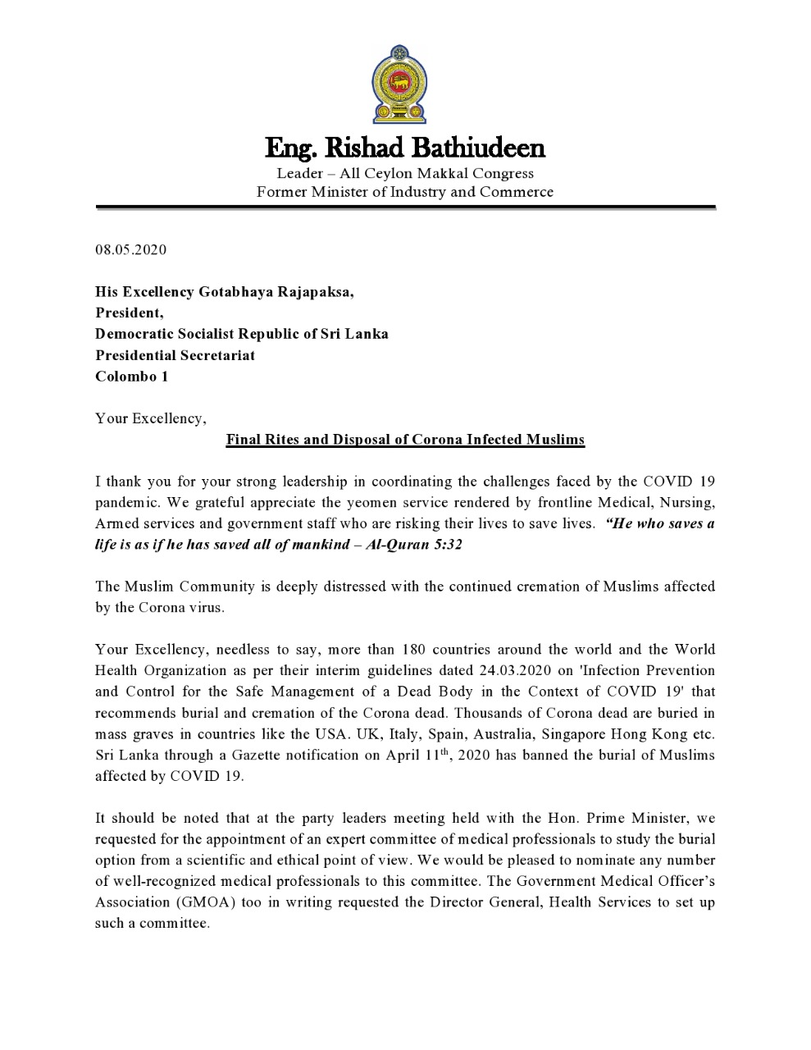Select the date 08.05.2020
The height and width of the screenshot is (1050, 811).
coord(131,249)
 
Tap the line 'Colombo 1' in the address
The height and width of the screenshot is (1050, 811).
coord(132,377)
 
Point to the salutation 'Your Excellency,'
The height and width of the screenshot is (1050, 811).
coord(151,418)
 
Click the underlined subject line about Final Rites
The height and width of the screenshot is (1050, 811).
coord(405,440)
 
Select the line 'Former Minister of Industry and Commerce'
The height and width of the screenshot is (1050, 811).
coord(405,193)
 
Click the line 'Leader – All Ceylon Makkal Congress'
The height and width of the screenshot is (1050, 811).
coord(405,173)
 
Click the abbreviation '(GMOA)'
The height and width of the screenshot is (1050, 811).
coord(202,902)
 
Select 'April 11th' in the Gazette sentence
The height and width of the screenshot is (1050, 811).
coord(417,755)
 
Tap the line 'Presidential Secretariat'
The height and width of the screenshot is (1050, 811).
coord(175,355)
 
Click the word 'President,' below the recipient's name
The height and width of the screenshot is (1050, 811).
coord(130,313)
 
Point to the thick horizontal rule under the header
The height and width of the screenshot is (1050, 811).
coord(405,208)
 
